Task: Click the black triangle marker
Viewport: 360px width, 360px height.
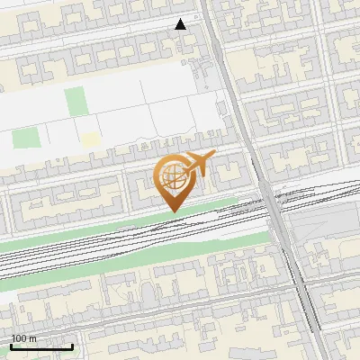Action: pyautogui.click(x=181, y=24)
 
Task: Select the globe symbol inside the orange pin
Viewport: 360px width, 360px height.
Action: pyautogui.click(x=171, y=175)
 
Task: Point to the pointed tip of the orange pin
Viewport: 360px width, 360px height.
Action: pyautogui.click(x=174, y=211)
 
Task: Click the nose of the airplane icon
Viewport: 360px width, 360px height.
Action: pyautogui.click(x=213, y=157)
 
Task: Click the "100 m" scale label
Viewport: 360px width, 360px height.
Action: pyautogui.click(x=23, y=338)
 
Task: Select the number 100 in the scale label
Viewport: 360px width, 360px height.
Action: pyautogui.click(x=20, y=338)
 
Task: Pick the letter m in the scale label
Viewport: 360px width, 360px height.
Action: pyautogui.click(x=33, y=338)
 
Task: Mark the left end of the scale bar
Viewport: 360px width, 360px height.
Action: pyautogui.click(x=11, y=347)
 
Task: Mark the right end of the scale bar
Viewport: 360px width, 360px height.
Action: pyautogui.click(x=73, y=347)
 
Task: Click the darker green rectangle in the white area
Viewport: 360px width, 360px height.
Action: pyautogui.click(x=76, y=101)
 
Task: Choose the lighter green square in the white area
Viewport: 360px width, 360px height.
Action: pyautogui.click(x=26, y=139)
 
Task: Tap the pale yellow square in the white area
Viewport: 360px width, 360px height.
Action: pyautogui.click(x=90, y=139)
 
